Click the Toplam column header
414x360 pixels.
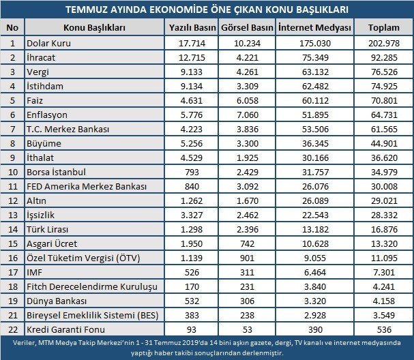(384, 27)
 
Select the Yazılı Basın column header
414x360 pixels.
(192, 27)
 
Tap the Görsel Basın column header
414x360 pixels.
(248, 27)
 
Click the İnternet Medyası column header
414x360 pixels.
(316, 27)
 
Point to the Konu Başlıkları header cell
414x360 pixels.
(94, 27)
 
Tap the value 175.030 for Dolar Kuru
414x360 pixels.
(316, 43)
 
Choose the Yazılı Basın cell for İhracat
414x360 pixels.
(192, 57)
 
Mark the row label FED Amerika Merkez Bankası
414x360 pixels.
(80, 185)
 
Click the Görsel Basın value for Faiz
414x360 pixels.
(248, 100)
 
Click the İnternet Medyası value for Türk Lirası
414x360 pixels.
(316, 228)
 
